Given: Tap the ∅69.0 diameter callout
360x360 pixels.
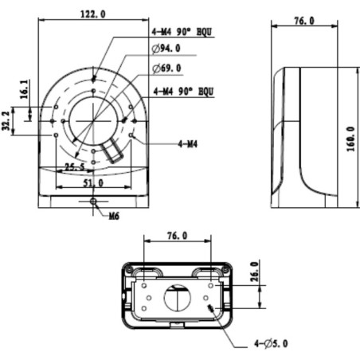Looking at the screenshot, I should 166,69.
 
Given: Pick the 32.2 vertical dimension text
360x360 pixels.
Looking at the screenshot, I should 7,120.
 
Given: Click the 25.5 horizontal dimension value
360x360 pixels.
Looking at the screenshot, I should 76,166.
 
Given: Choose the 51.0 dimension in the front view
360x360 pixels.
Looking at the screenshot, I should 92,182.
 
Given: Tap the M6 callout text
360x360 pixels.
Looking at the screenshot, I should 115,216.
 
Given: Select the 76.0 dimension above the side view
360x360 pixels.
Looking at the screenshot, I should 302,20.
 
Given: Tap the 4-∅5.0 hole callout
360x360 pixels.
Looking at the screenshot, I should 273,343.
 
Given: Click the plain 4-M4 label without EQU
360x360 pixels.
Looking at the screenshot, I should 188,144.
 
